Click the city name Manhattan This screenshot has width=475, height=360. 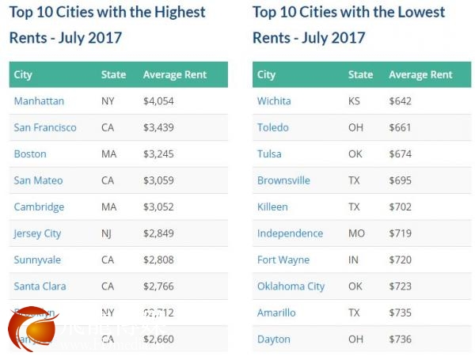click(39, 101)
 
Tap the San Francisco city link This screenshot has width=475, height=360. click(45, 127)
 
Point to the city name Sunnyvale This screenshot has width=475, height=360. click(37, 260)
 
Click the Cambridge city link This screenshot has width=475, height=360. click(39, 207)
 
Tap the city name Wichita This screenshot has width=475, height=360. click(274, 101)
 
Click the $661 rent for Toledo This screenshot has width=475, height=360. click(401, 127)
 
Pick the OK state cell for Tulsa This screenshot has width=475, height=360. click(355, 154)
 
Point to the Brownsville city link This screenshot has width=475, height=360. click(283, 180)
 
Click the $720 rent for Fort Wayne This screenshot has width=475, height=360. click(401, 260)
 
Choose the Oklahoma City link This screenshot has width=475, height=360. click(291, 286)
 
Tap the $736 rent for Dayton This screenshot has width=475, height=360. click(401, 339)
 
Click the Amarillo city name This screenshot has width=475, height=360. click(276, 313)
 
